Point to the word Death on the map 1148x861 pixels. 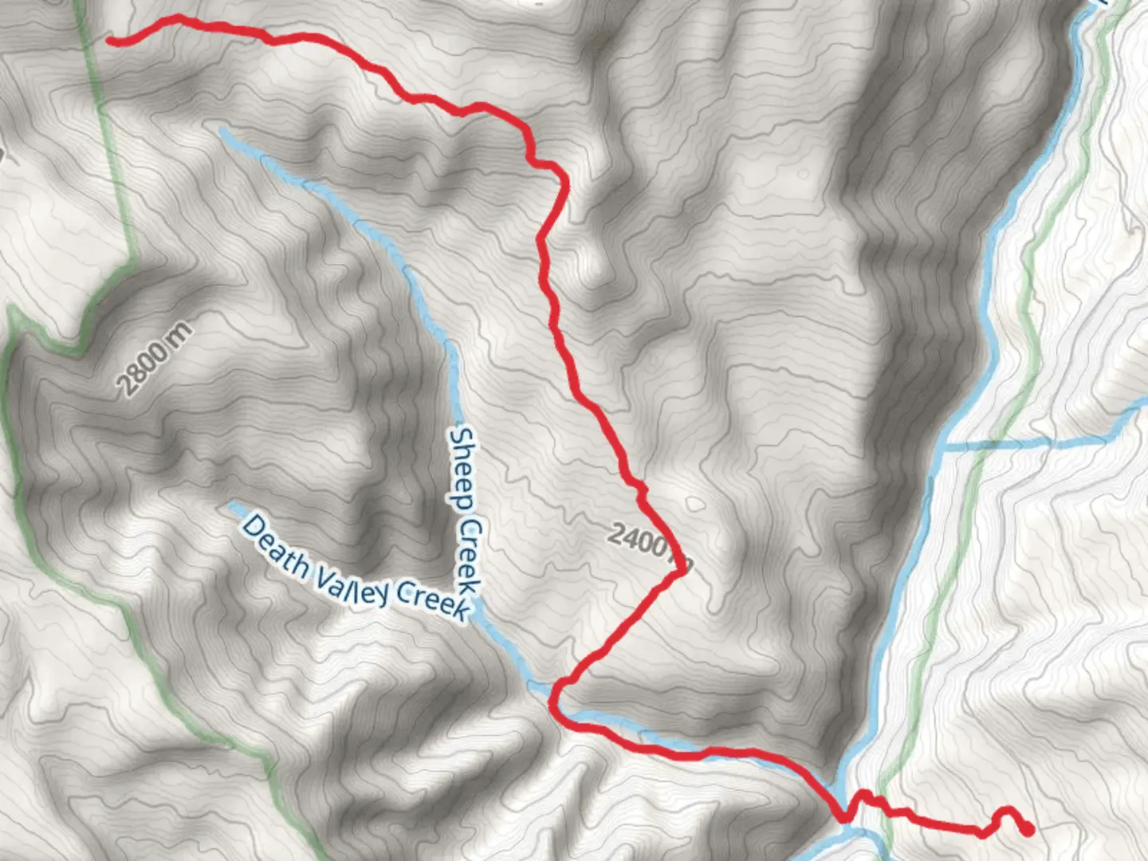tap(276, 547)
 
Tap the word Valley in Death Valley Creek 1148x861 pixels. tap(352, 584)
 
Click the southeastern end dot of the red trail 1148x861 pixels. tap(1028, 830)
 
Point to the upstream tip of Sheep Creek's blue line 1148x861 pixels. tap(222, 129)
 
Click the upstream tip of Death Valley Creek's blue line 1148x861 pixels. tap(231, 505)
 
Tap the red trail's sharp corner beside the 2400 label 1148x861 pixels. tap(682, 570)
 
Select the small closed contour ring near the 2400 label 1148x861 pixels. tap(695, 504)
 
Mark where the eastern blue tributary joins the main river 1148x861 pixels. tap(943, 448)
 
